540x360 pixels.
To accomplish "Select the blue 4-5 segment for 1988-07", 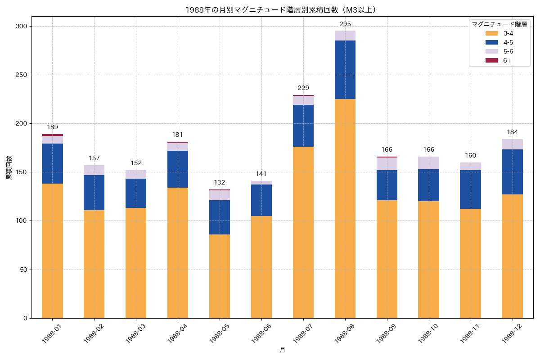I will click(x=303, y=126).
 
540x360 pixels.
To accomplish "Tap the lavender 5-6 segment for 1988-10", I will click(x=428, y=163).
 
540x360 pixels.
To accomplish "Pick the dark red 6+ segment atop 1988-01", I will click(x=52, y=135).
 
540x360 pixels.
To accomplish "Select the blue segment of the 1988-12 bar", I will click(x=512, y=172).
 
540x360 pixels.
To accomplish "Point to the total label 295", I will click(x=345, y=24).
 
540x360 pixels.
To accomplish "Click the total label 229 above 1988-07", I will click(x=303, y=88).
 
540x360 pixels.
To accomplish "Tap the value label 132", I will click(x=220, y=182).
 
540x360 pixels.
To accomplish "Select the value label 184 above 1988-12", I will click(x=512, y=132).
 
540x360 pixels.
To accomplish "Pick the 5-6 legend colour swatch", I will click(x=491, y=51).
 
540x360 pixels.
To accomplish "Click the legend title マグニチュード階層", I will click(x=499, y=24).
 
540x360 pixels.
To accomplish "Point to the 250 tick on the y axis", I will click(x=22, y=75).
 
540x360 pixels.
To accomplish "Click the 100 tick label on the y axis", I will click(x=22, y=221).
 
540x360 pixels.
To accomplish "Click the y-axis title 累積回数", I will click(x=9, y=167).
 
